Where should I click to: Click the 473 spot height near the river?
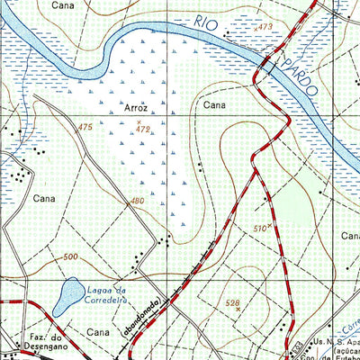(x=264, y=28)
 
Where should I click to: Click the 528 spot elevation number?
(x=233, y=303)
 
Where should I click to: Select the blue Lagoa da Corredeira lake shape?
(x=65, y=296)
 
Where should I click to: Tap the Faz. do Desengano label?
(x=37, y=345)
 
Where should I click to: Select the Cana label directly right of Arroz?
(x=213, y=106)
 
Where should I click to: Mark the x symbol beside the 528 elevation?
(x=238, y=310)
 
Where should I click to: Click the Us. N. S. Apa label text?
(x=334, y=344)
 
